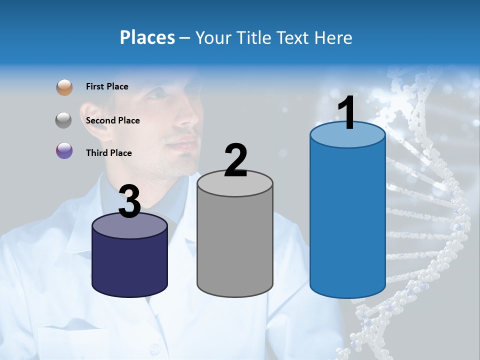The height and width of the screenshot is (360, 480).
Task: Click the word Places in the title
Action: click(x=147, y=37)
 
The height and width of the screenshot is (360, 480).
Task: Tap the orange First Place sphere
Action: click(x=64, y=87)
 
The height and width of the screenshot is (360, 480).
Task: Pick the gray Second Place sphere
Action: click(x=64, y=120)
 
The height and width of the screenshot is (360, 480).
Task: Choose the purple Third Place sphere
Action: click(x=64, y=150)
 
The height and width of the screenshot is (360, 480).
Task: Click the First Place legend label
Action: click(x=107, y=86)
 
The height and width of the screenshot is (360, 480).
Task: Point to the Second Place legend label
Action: click(x=112, y=120)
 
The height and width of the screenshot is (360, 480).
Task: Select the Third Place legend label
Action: click(x=108, y=153)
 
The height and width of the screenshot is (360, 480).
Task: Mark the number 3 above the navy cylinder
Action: click(x=130, y=201)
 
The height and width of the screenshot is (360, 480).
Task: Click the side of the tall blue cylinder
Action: click(x=347, y=220)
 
